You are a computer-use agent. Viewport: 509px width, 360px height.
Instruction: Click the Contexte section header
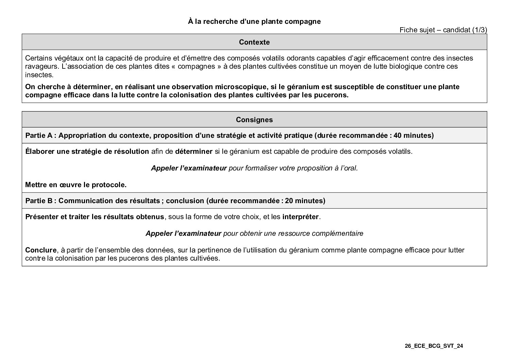[x=254, y=42]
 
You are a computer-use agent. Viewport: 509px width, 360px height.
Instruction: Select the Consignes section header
[x=254, y=120]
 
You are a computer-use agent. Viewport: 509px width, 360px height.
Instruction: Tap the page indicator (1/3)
[x=479, y=30]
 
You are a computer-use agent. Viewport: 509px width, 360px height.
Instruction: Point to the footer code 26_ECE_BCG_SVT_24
[x=434, y=346]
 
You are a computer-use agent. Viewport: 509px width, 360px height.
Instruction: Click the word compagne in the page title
[x=302, y=21]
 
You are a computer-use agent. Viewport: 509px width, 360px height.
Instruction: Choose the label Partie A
[x=39, y=135]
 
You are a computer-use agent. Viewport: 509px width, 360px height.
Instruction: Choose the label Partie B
[x=39, y=201]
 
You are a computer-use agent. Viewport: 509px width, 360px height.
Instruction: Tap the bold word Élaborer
[x=40, y=151]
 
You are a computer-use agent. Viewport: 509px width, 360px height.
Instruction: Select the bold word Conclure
[x=40, y=250]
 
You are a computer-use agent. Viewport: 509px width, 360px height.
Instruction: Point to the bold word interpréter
[x=300, y=217]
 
